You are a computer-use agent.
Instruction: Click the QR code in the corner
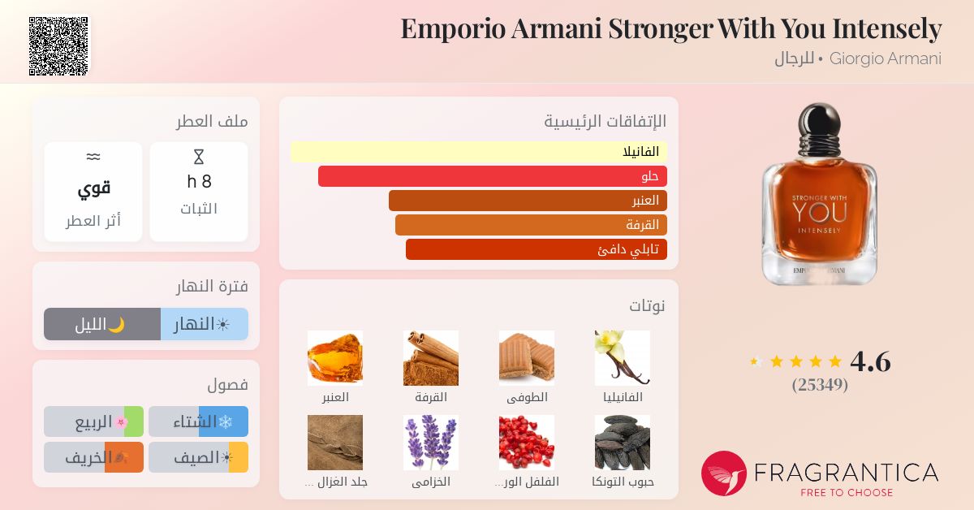pos(58,46)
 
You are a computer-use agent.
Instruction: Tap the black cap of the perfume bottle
pos(820,119)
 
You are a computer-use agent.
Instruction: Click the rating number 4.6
pos(870,361)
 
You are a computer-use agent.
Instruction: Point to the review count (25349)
pos(820,385)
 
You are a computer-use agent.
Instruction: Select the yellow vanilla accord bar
pos(478,152)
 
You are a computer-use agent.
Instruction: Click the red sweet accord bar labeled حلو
pos(493,176)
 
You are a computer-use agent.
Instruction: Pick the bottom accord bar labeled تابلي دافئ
pos(537,249)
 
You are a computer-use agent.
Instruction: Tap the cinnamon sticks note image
pos(431,357)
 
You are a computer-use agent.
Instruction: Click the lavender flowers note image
pos(431,443)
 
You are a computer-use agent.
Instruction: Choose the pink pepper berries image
pos(527,443)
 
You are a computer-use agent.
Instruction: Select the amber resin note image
pos(334,357)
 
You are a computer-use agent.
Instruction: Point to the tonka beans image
pos(623,443)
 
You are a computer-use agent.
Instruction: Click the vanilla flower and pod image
pos(623,357)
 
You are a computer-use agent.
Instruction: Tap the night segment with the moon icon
pos(102,324)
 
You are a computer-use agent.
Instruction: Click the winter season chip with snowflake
pos(198,421)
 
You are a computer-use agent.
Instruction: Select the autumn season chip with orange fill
pos(93,457)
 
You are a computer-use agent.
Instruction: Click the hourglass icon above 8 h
pos(199,157)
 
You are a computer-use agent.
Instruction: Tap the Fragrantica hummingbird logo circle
pos(723,473)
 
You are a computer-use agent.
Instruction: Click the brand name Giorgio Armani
pos(886,58)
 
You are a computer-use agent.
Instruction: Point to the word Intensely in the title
pos(887,29)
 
